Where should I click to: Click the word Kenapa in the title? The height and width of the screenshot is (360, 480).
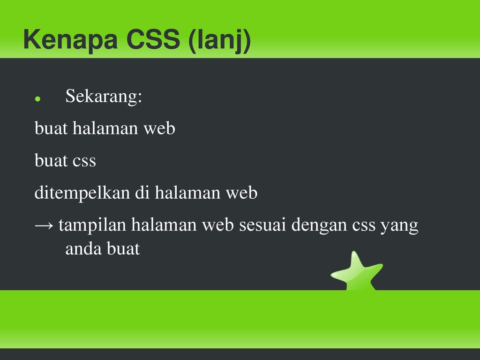[x=70, y=39]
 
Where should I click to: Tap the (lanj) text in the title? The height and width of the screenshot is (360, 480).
[x=220, y=41]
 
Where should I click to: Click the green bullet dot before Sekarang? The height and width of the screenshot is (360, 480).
[x=37, y=98]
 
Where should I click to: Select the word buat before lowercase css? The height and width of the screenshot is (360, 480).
[x=51, y=160]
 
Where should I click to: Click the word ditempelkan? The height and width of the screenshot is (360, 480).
[x=82, y=193]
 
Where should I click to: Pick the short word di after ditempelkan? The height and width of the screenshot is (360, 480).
[x=142, y=193]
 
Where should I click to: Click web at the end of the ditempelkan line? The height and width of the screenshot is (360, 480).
[x=241, y=193]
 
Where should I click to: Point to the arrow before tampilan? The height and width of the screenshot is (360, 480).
[x=44, y=226]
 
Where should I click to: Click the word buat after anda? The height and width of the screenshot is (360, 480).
[x=123, y=248]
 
